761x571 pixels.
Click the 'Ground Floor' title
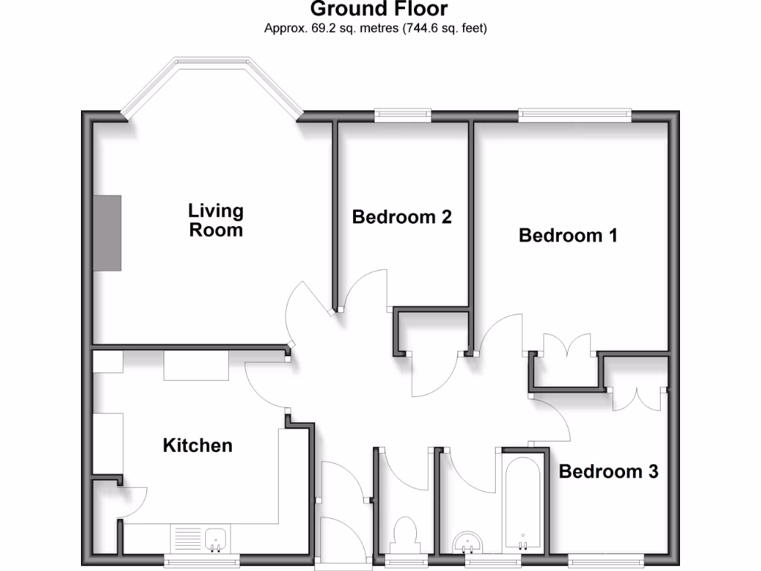(379, 10)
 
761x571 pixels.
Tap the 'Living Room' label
(216, 220)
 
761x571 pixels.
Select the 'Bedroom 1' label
(568, 236)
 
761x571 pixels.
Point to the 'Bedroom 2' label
(401, 217)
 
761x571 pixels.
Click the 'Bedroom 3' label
(608, 471)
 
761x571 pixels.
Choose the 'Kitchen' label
(198, 445)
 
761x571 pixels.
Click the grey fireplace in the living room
(107, 233)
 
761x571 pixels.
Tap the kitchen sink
(216, 539)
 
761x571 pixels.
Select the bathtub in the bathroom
(523, 502)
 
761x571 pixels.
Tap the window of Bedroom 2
(403, 114)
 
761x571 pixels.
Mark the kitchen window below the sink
(201, 561)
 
